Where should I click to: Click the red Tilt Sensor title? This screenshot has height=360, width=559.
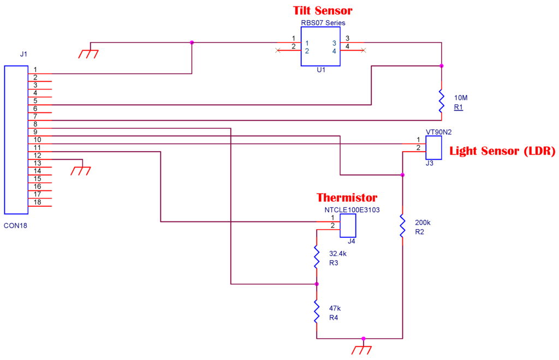(x=323, y=10)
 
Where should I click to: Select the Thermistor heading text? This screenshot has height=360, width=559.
(x=347, y=197)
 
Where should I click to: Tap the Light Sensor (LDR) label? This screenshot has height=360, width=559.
(x=502, y=151)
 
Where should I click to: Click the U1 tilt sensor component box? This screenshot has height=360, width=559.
(x=320, y=47)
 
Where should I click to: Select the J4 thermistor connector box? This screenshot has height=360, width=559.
(x=348, y=225)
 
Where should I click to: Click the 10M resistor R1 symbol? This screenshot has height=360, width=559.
(x=441, y=102)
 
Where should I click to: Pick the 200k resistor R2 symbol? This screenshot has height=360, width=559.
(x=402, y=226)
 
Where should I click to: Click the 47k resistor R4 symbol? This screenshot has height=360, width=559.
(x=316, y=311)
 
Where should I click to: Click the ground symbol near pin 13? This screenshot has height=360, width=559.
(x=81, y=170)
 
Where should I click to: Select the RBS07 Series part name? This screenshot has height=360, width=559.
(x=323, y=23)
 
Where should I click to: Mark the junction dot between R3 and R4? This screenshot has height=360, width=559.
(x=316, y=284)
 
